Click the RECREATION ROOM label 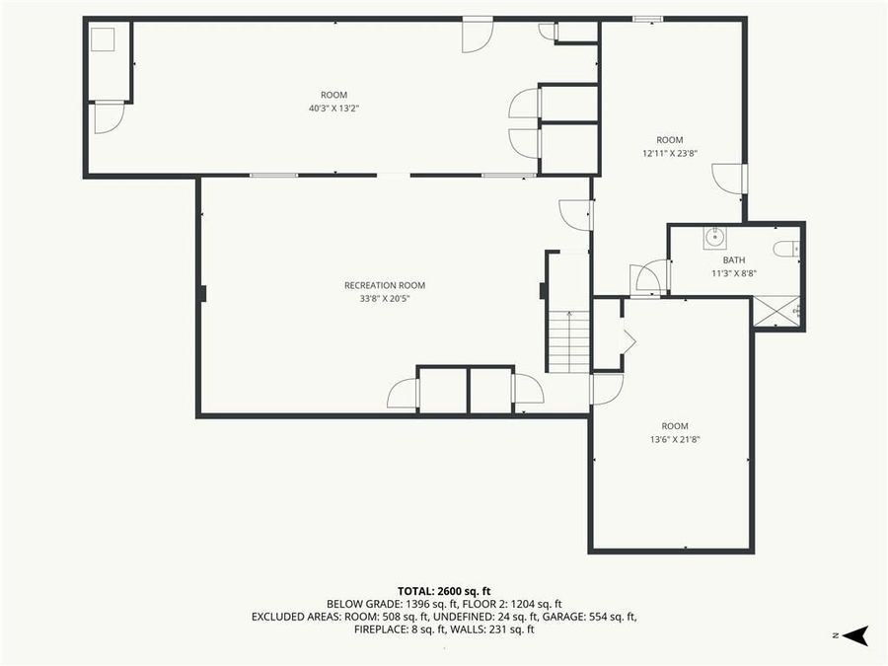pyautogui.click(x=385, y=285)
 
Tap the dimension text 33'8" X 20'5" pyautogui.click(x=385, y=298)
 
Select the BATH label pyautogui.click(x=733, y=260)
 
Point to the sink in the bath pyautogui.click(x=714, y=237)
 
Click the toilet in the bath pyautogui.click(x=786, y=249)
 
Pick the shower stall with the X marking pyautogui.click(x=777, y=312)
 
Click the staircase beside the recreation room pyautogui.click(x=569, y=340)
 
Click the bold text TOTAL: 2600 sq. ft pyautogui.click(x=444, y=588)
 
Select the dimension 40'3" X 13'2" pyautogui.click(x=333, y=108)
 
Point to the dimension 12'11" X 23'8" pyautogui.click(x=670, y=153)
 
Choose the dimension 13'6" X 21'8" pyautogui.click(x=675, y=439)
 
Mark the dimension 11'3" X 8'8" pyautogui.click(x=733, y=273)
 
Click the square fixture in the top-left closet pyautogui.click(x=104, y=40)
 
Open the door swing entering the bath pyautogui.click(x=648, y=277)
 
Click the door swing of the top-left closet pyautogui.click(x=108, y=117)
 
